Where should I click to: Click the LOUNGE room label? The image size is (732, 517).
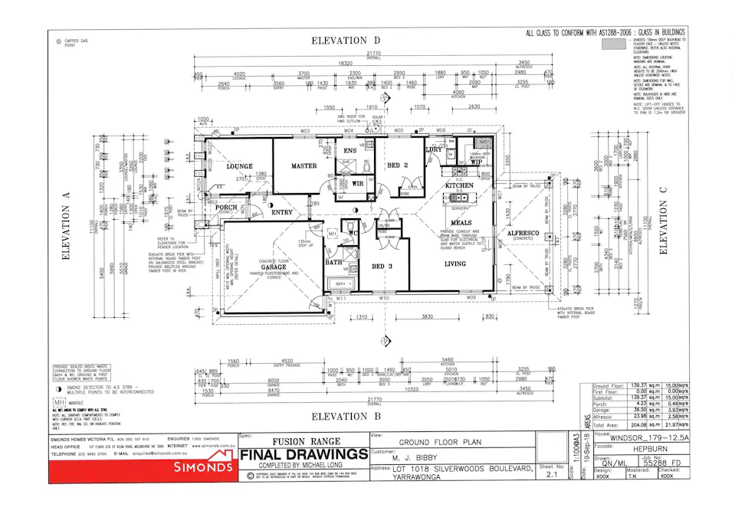tap(240, 165)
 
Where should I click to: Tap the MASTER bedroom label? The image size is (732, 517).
tap(304, 165)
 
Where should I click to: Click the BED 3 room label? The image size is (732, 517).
tap(382, 266)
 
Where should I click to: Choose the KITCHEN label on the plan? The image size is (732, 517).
tap(459, 185)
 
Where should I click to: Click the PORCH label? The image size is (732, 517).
tap(225, 207)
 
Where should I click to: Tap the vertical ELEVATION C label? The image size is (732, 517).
tap(663, 222)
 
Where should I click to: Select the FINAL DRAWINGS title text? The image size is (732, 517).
tap(304, 455)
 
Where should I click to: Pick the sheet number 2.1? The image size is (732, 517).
tap(547, 474)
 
